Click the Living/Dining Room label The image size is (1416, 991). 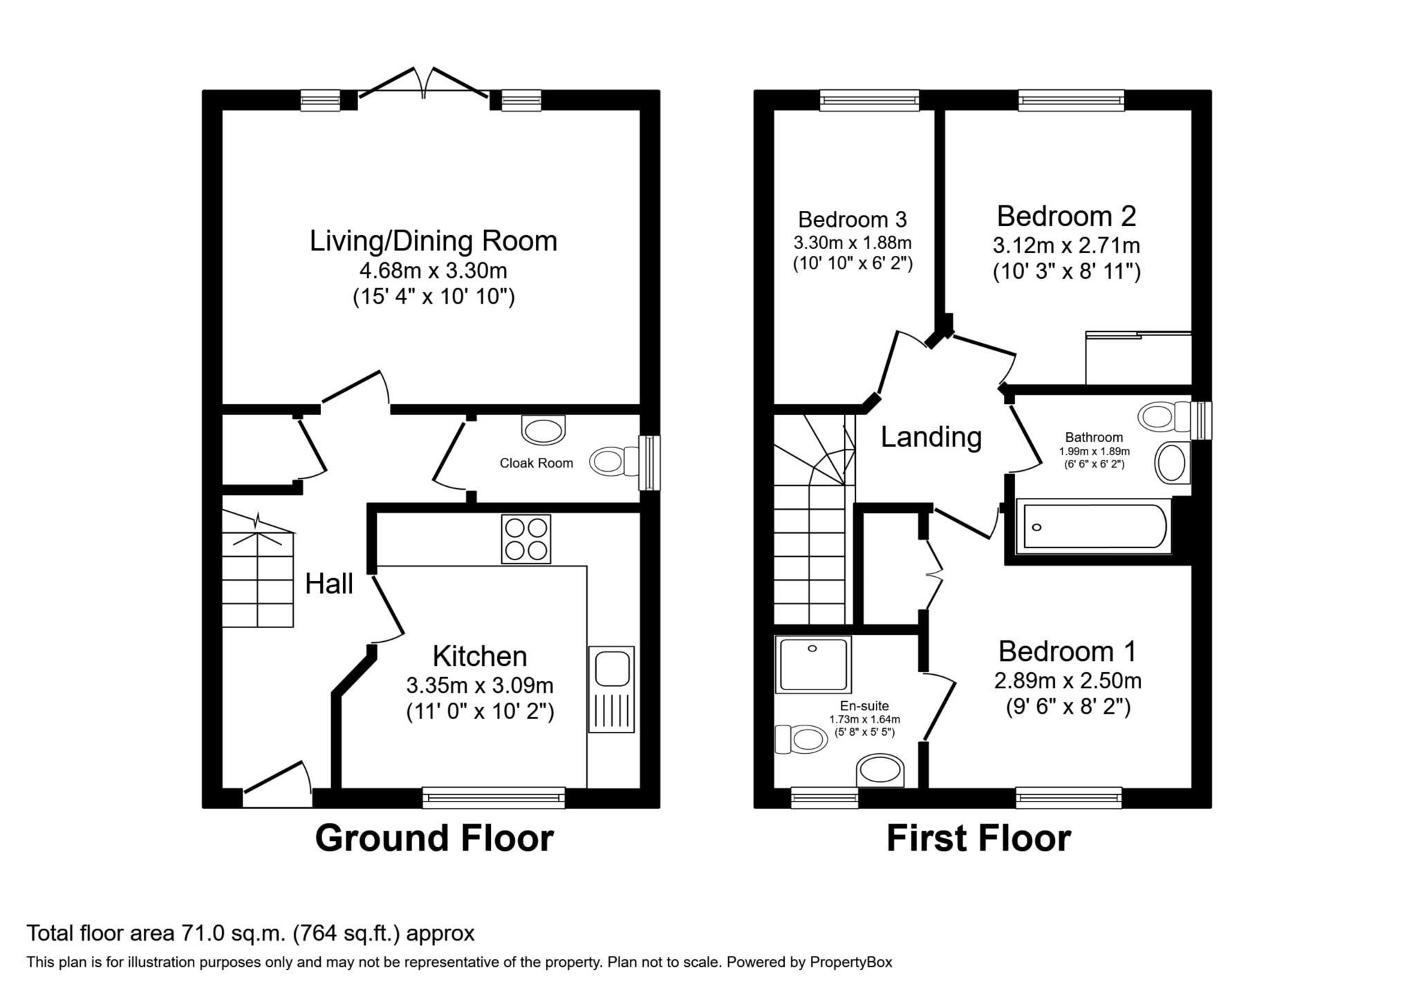coord(433,241)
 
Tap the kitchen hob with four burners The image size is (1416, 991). coord(526,539)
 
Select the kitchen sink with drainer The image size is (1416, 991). coord(611,689)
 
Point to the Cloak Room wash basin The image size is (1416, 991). coord(543,429)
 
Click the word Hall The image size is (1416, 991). coord(329,584)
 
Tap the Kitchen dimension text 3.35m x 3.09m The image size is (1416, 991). coord(480,685)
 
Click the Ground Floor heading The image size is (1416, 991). coord(434,838)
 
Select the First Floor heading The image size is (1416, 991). coord(978,838)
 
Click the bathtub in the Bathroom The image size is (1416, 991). coord(1095,527)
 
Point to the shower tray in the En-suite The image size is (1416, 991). coord(813,665)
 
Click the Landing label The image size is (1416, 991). coord(931,436)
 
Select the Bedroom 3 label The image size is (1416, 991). coord(852,219)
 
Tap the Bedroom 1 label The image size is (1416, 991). coord(1068,651)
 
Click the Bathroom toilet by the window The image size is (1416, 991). coord(1165,417)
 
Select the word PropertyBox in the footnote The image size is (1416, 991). coord(851,962)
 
